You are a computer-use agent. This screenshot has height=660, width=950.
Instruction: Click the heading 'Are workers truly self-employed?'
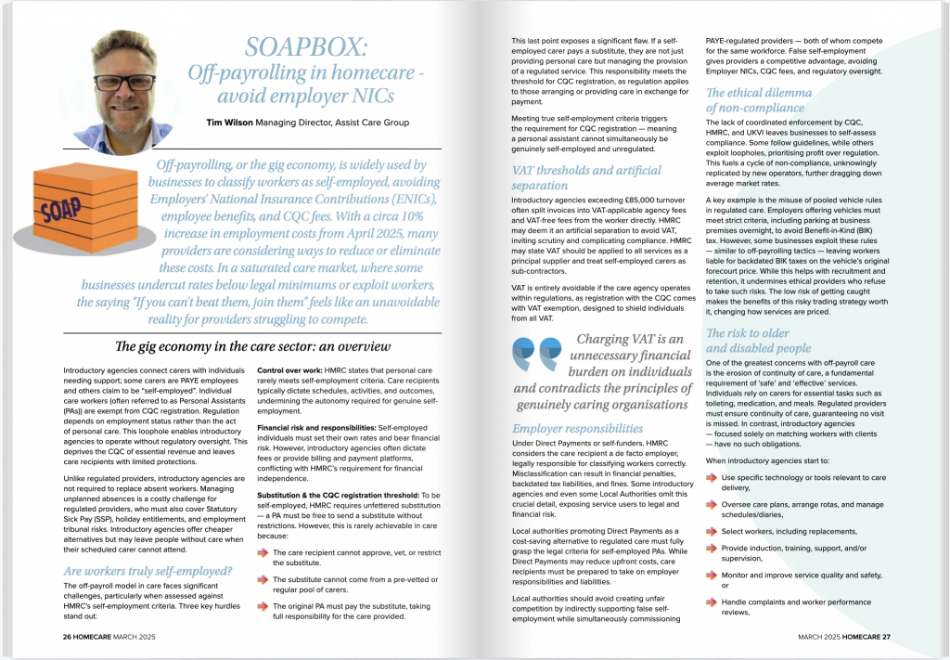pyautogui.click(x=148, y=570)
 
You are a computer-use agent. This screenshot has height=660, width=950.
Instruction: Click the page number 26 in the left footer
pyautogui.click(x=68, y=637)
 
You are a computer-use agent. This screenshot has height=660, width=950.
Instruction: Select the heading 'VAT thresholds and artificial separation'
pyautogui.click(x=586, y=177)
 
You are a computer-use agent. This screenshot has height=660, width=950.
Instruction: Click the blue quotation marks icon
pyautogui.click(x=535, y=354)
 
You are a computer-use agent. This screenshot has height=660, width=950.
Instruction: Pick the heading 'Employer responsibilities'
pyautogui.click(x=576, y=429)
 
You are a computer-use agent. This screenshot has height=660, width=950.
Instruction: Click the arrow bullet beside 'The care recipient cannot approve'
pyautogui.click(x=263, y=551)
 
